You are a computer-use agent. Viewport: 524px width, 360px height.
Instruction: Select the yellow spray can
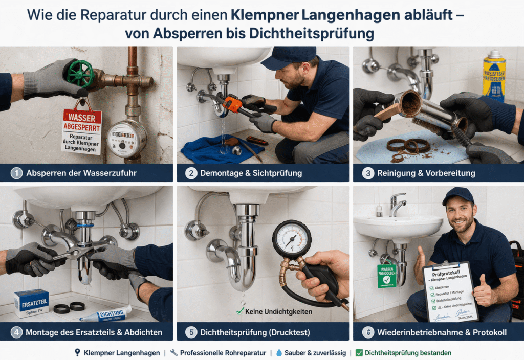tap(494, 76)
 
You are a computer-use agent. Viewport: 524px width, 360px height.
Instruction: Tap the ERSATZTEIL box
tap(31, 303)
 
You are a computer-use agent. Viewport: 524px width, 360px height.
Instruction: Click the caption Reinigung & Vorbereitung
tap(426, 173)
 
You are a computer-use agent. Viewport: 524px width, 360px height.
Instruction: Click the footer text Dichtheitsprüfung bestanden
tap(407, 353)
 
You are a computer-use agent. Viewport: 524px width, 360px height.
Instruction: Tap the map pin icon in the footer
tap(77, 353)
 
